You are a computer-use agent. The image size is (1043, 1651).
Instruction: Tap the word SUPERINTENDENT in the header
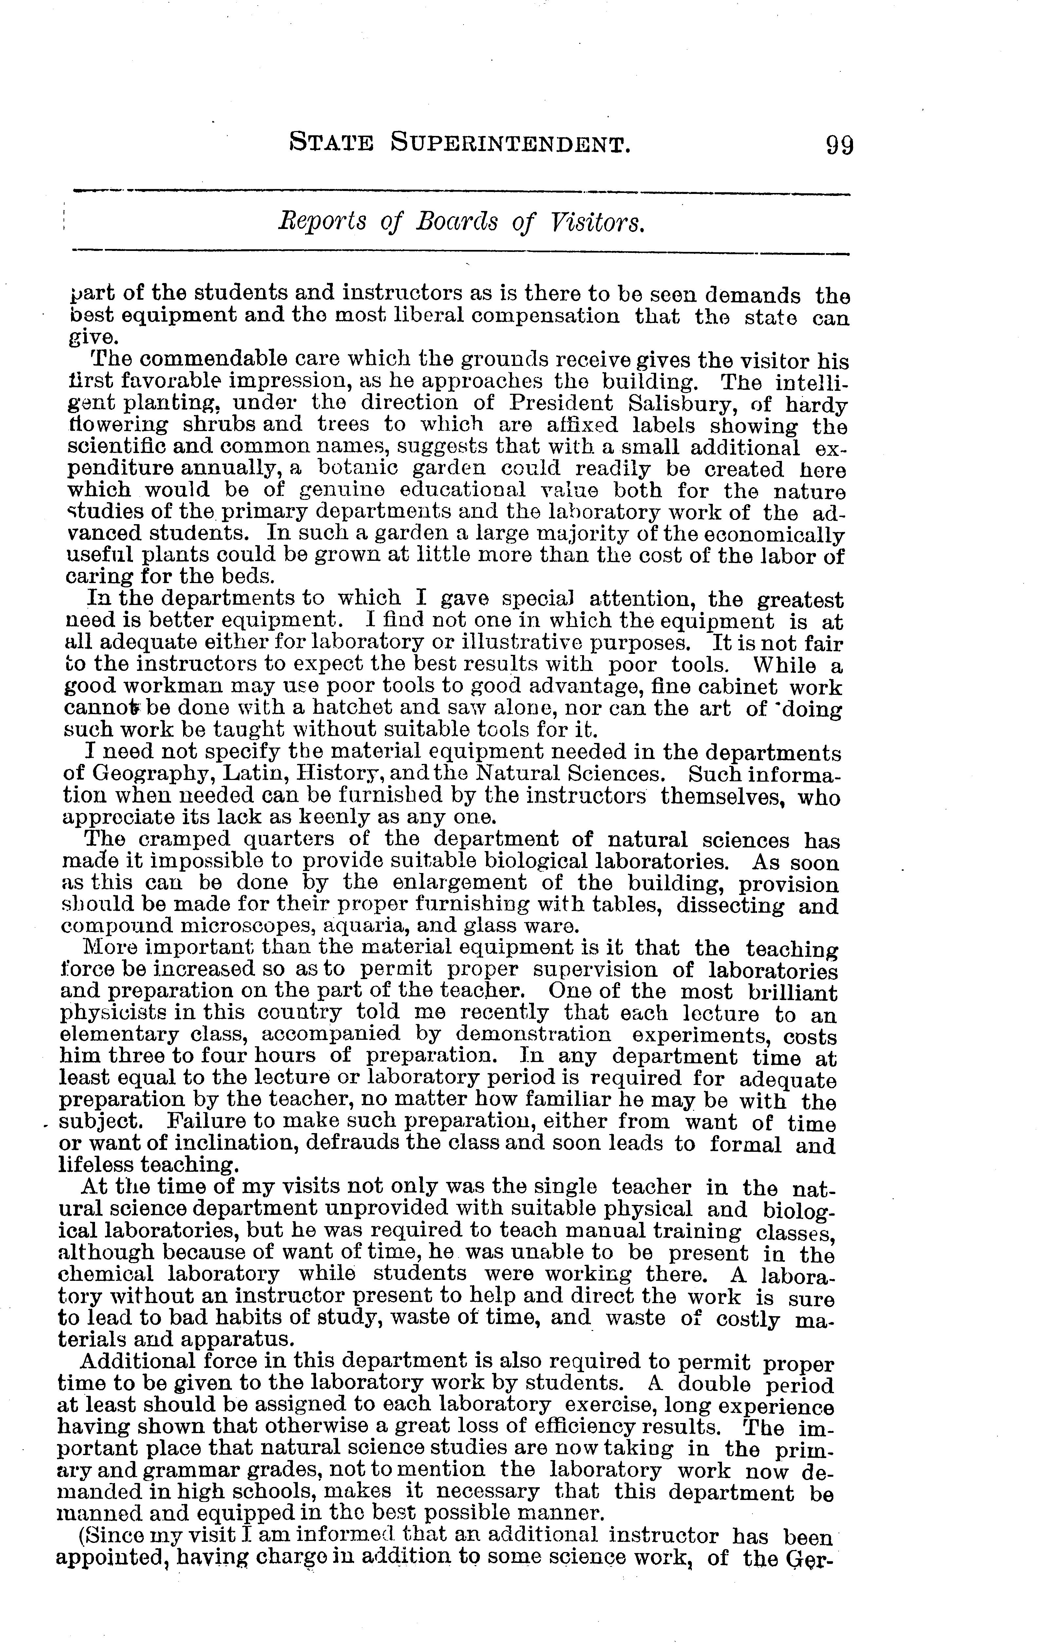tap(509, 143)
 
